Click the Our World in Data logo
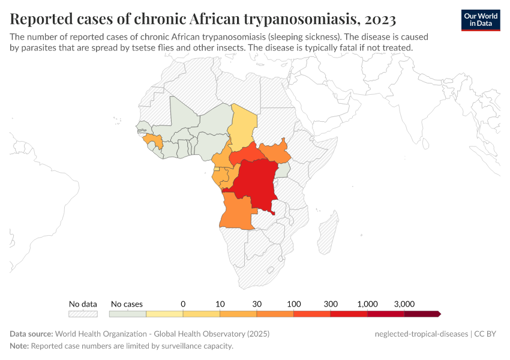pos(481,20)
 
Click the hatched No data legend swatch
pos(83,314)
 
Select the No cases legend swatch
pos(127,314)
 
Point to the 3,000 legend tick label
pos(404,304)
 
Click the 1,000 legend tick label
pos(367,304)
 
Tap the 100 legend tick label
pos(293,304)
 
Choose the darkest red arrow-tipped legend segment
pos(422,314)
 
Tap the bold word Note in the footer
pos(19,346)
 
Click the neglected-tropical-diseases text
pos(419,334)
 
